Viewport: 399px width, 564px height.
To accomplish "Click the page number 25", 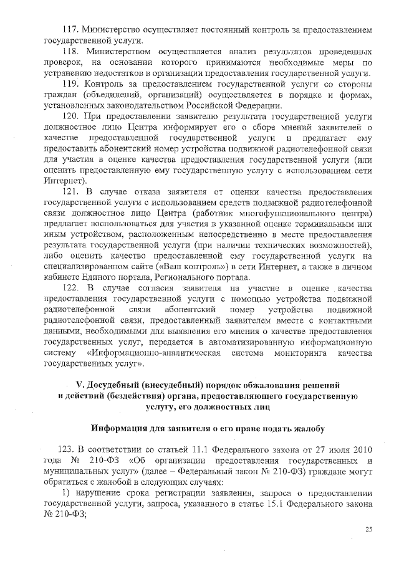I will click(x=368, y=529).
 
